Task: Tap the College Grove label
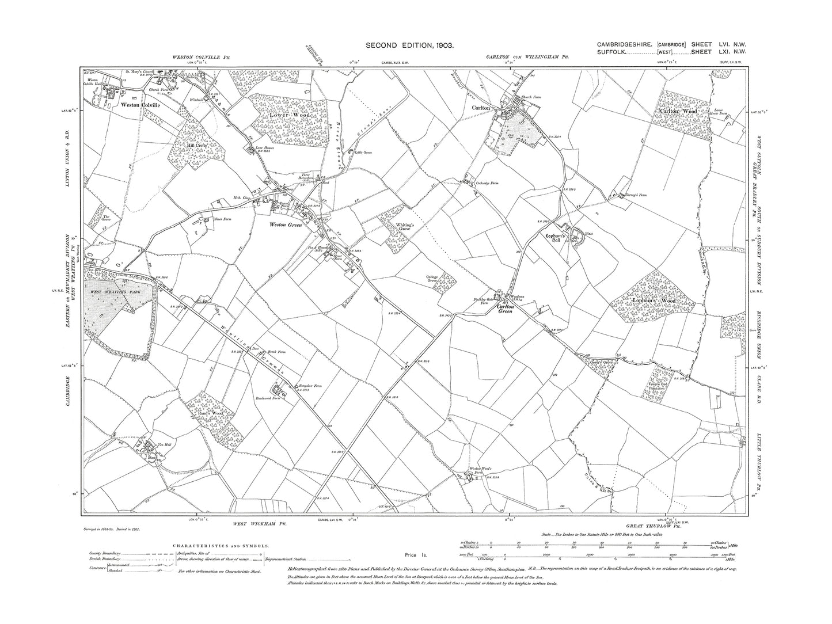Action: pos(436,279)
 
